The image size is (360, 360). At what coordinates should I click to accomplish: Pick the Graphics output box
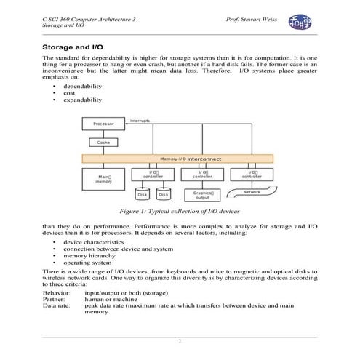coord(202,195)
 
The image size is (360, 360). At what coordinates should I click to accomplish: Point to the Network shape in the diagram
coord(252,193)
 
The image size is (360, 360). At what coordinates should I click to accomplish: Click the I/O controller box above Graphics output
coord(202,175)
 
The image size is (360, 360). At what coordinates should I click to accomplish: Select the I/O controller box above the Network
coord(252,175)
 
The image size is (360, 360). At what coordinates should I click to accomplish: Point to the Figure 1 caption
coord(179,212)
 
